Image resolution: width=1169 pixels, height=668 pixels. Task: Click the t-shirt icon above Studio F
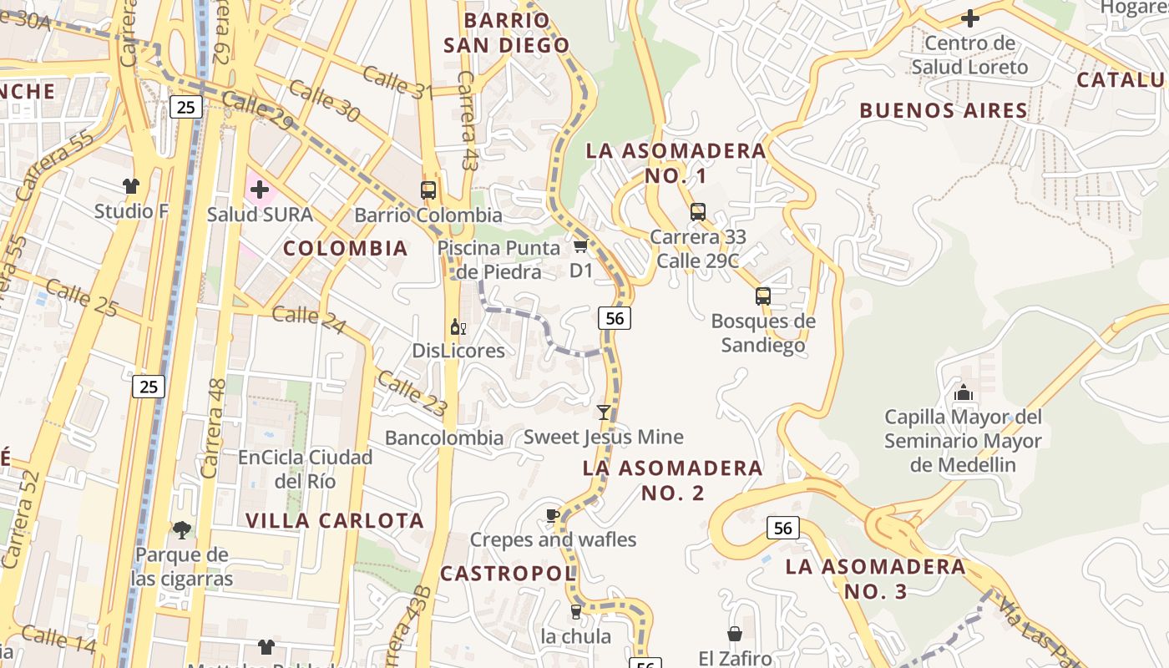[x=130, y=185]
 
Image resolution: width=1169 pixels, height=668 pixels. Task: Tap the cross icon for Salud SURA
[x=260, y=190]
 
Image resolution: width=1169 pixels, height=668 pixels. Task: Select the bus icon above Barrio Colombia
[x=428, y=190]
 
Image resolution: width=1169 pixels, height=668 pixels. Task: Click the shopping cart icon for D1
[x=580, y=245]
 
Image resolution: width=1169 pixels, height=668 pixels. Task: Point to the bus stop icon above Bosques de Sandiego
[x=762, y=296]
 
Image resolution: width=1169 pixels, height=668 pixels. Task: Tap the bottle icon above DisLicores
[x=458, y=326]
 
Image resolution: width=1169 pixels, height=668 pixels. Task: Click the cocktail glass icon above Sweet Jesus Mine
[x=603, y=412]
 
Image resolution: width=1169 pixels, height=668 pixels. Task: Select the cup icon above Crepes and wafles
[x=552, y=515]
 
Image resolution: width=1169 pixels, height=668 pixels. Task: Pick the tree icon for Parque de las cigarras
[x=181, y=529]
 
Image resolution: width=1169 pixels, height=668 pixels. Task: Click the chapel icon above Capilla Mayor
[x=963, y=392]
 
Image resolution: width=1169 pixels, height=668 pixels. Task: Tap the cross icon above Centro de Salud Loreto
[x=969, y=18]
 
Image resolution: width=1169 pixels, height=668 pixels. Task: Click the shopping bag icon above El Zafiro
[x=735, y=635]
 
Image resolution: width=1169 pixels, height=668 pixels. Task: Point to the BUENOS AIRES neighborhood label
[x=944, y=110]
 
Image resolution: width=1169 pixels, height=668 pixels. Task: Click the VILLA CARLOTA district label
[x=335, y=520]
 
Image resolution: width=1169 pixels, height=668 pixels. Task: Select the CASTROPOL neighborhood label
[x=508, y=574]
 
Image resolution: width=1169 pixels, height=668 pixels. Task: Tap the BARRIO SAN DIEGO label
[x=506, y=33]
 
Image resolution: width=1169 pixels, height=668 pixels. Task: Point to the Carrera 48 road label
[x=214, y=428]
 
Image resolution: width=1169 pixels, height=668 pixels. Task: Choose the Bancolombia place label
[x=444, y=438]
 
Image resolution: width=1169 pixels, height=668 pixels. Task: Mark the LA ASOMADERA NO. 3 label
[x=875, y=579]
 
